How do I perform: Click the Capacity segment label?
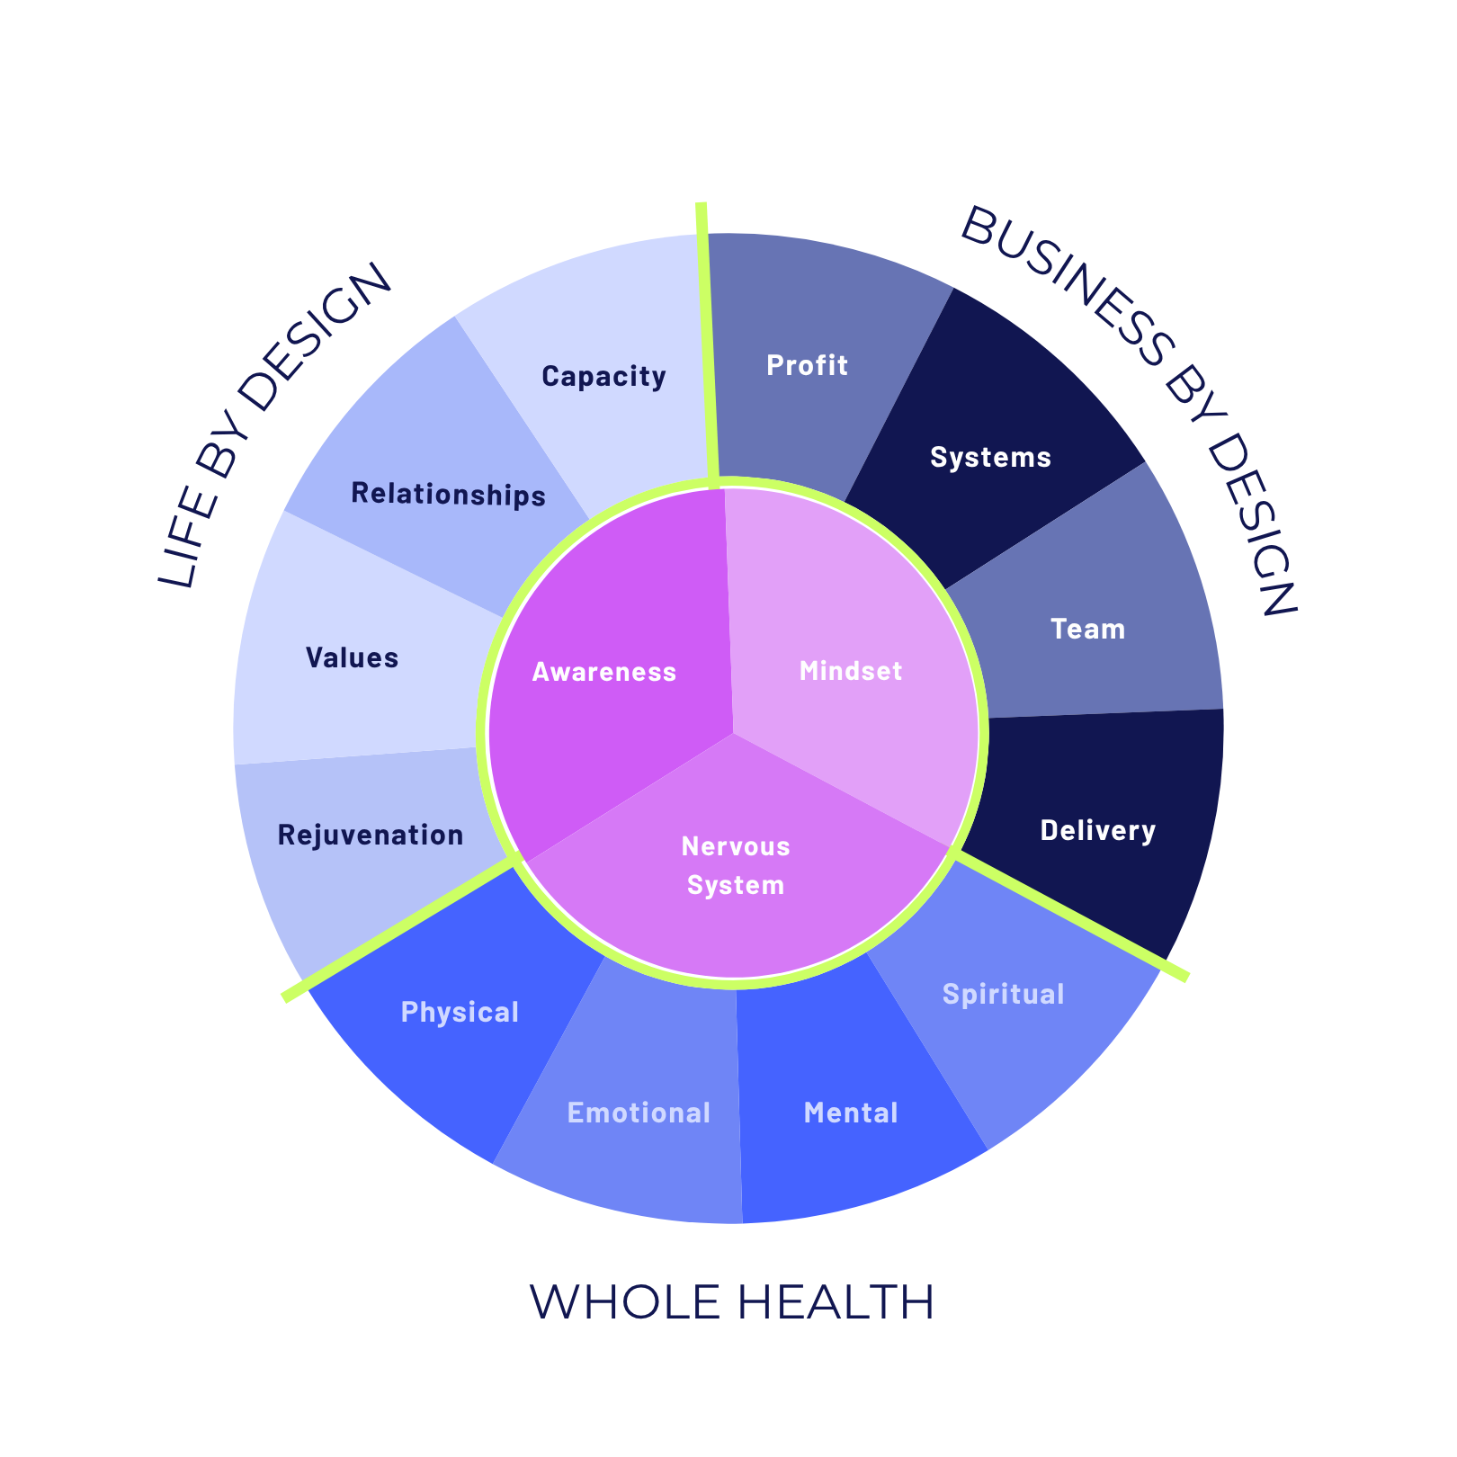[603, 376]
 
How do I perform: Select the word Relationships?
[448, 494]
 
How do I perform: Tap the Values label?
[352, 657]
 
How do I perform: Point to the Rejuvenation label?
[371, 835]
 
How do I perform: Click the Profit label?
[807, 365]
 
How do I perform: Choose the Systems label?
[990, 457]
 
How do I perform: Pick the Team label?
[1087, 629]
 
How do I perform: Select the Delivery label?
[1097, 830]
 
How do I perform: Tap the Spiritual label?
[1003, 994]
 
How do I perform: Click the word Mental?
[851, 1113]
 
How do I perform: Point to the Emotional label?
[639, 1113]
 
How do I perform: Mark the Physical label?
[460, 1012]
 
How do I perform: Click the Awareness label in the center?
[603, 672]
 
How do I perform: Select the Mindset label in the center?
[850, 671]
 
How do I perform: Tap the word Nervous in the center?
[736, 846]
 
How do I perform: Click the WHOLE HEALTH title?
[731, 1302]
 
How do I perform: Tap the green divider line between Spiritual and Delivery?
[1070, 915]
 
